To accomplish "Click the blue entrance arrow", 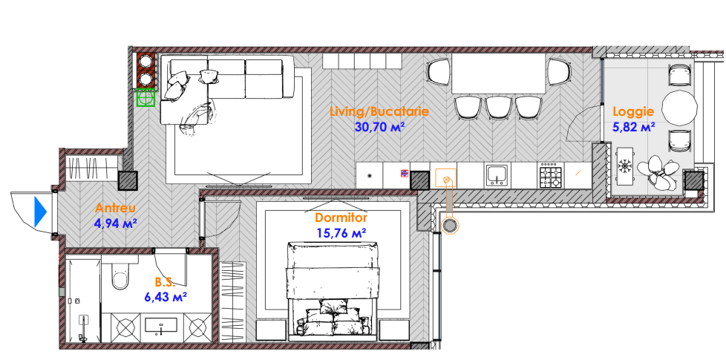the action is (x=41, y=212).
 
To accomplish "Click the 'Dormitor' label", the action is (x=341, y=217).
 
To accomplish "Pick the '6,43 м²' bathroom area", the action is (x=166, y=297).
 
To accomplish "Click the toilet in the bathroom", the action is (x=122, y=275).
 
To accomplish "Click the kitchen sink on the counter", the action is (x=497, y=176).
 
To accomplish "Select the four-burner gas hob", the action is (x=550, y=176).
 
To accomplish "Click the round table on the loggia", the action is (x=679, y=108).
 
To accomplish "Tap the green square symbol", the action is (x=145, y=97).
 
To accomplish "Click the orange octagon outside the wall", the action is (x=449, y=226).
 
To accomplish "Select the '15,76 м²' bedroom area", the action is (x=341, y=233).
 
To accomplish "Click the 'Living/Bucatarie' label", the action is (x=379, y=111).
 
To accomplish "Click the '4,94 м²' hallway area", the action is (x=115, y=224).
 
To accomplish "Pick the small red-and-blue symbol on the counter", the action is (x=405, y=174).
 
